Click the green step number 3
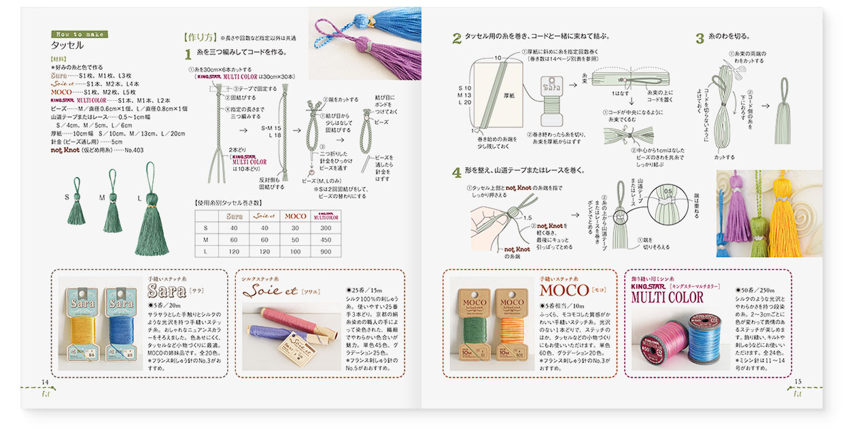coord(699,39)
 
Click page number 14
coord(45,381)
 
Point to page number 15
coord(798,381)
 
